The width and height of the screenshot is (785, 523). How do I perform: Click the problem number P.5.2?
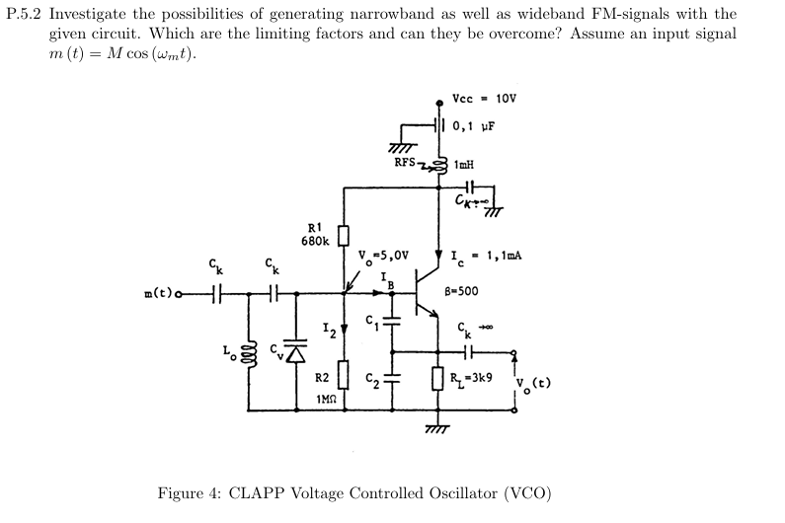(x=25, y=14)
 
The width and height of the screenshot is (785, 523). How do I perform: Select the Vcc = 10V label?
(x=484, y=100)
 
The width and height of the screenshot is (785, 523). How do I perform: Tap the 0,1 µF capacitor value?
(x=474, y=127)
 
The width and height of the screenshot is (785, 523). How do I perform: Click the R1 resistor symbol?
(x=344, y=236)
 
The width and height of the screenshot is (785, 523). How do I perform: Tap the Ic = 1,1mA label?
(x=485, y=257)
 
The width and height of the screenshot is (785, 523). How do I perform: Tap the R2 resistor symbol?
(x=344, y=375)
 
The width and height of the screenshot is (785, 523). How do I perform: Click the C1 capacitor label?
(x=372, y=320)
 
